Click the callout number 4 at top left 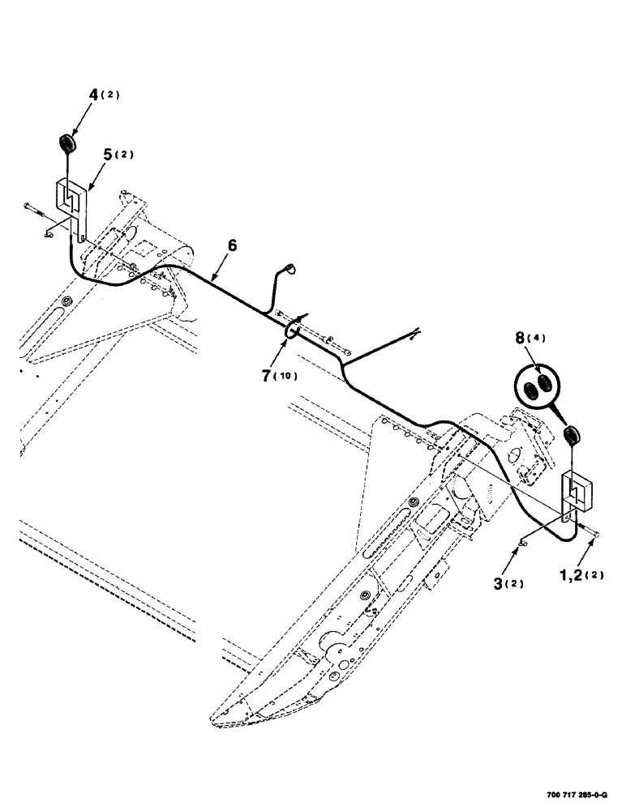(94, 95)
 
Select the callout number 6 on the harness (233, 245)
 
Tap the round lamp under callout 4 (66, 145)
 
